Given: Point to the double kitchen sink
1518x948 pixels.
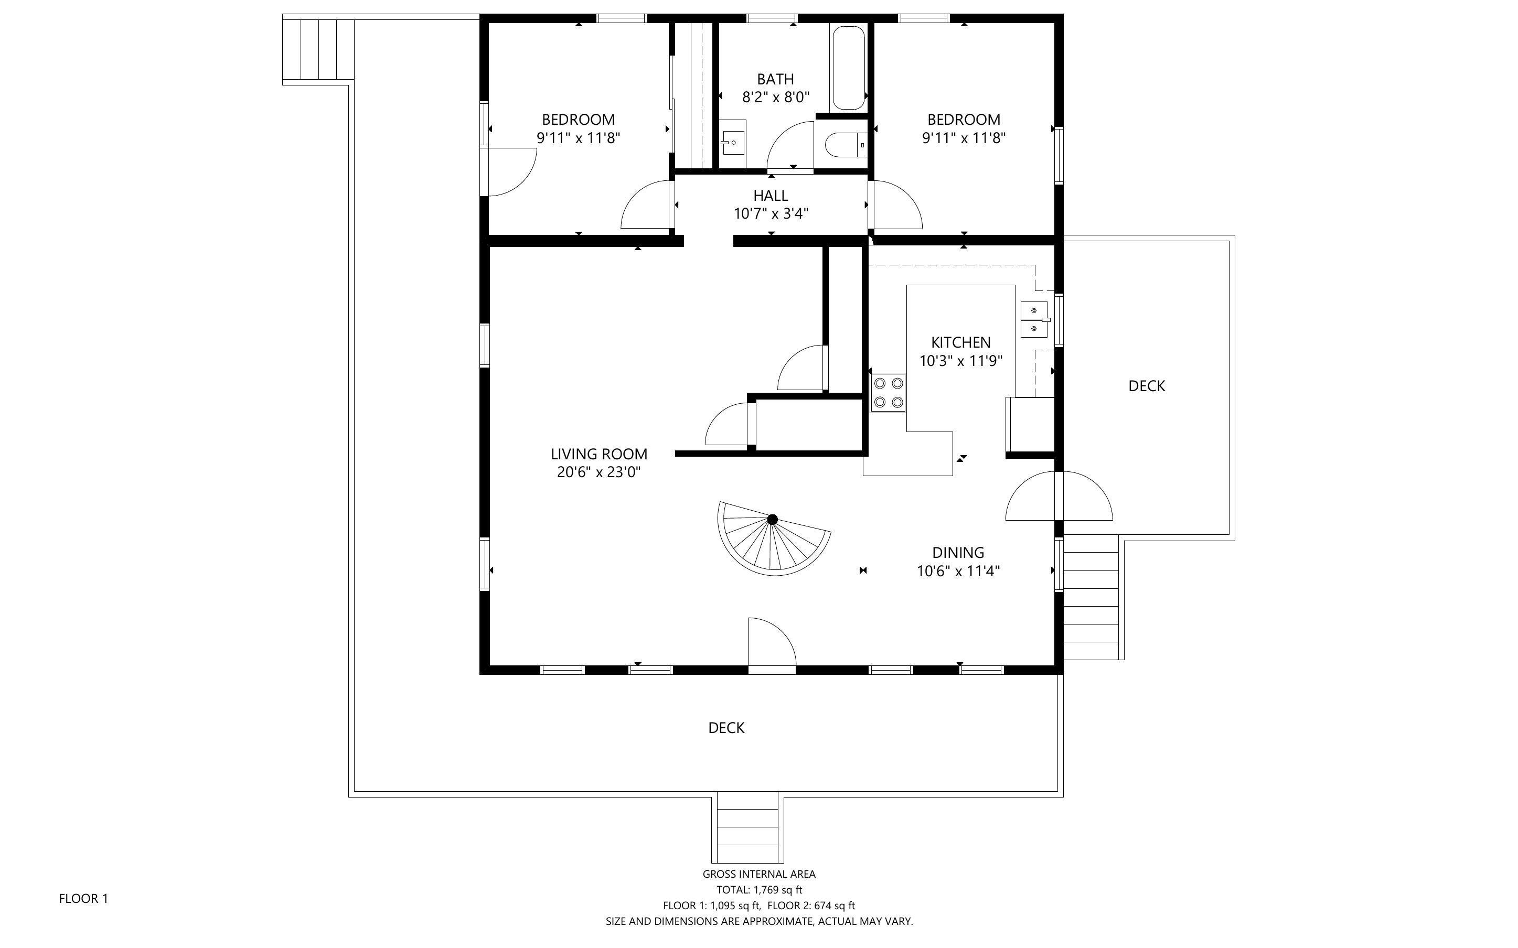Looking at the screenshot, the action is (x=1034, y=320).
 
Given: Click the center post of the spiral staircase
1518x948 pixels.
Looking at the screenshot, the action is (x=773, y=519).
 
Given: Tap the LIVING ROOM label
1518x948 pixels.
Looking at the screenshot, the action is (x=599, y=454).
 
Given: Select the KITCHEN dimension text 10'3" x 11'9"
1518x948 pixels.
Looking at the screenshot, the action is (x=960, y=361).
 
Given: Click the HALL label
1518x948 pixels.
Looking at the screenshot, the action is (x=771, y=196).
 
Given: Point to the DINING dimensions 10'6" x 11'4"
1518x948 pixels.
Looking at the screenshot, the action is (x=958, y=571).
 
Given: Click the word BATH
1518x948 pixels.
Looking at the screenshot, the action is (x=776, y=80).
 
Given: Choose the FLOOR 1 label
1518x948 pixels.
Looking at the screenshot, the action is (x=83, y=899).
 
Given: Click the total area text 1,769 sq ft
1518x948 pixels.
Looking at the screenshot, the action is (x=777, y=890).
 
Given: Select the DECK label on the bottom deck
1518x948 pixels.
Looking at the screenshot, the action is (x=726, y=728).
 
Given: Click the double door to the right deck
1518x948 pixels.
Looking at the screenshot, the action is (x=1059, y=496).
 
